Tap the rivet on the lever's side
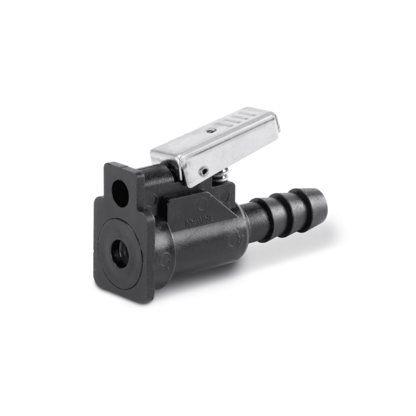[x=205, y=170]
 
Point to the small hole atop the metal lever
[x=211, y=130]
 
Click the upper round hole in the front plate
[x=120, y=192]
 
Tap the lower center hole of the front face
[x=119, y=254]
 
